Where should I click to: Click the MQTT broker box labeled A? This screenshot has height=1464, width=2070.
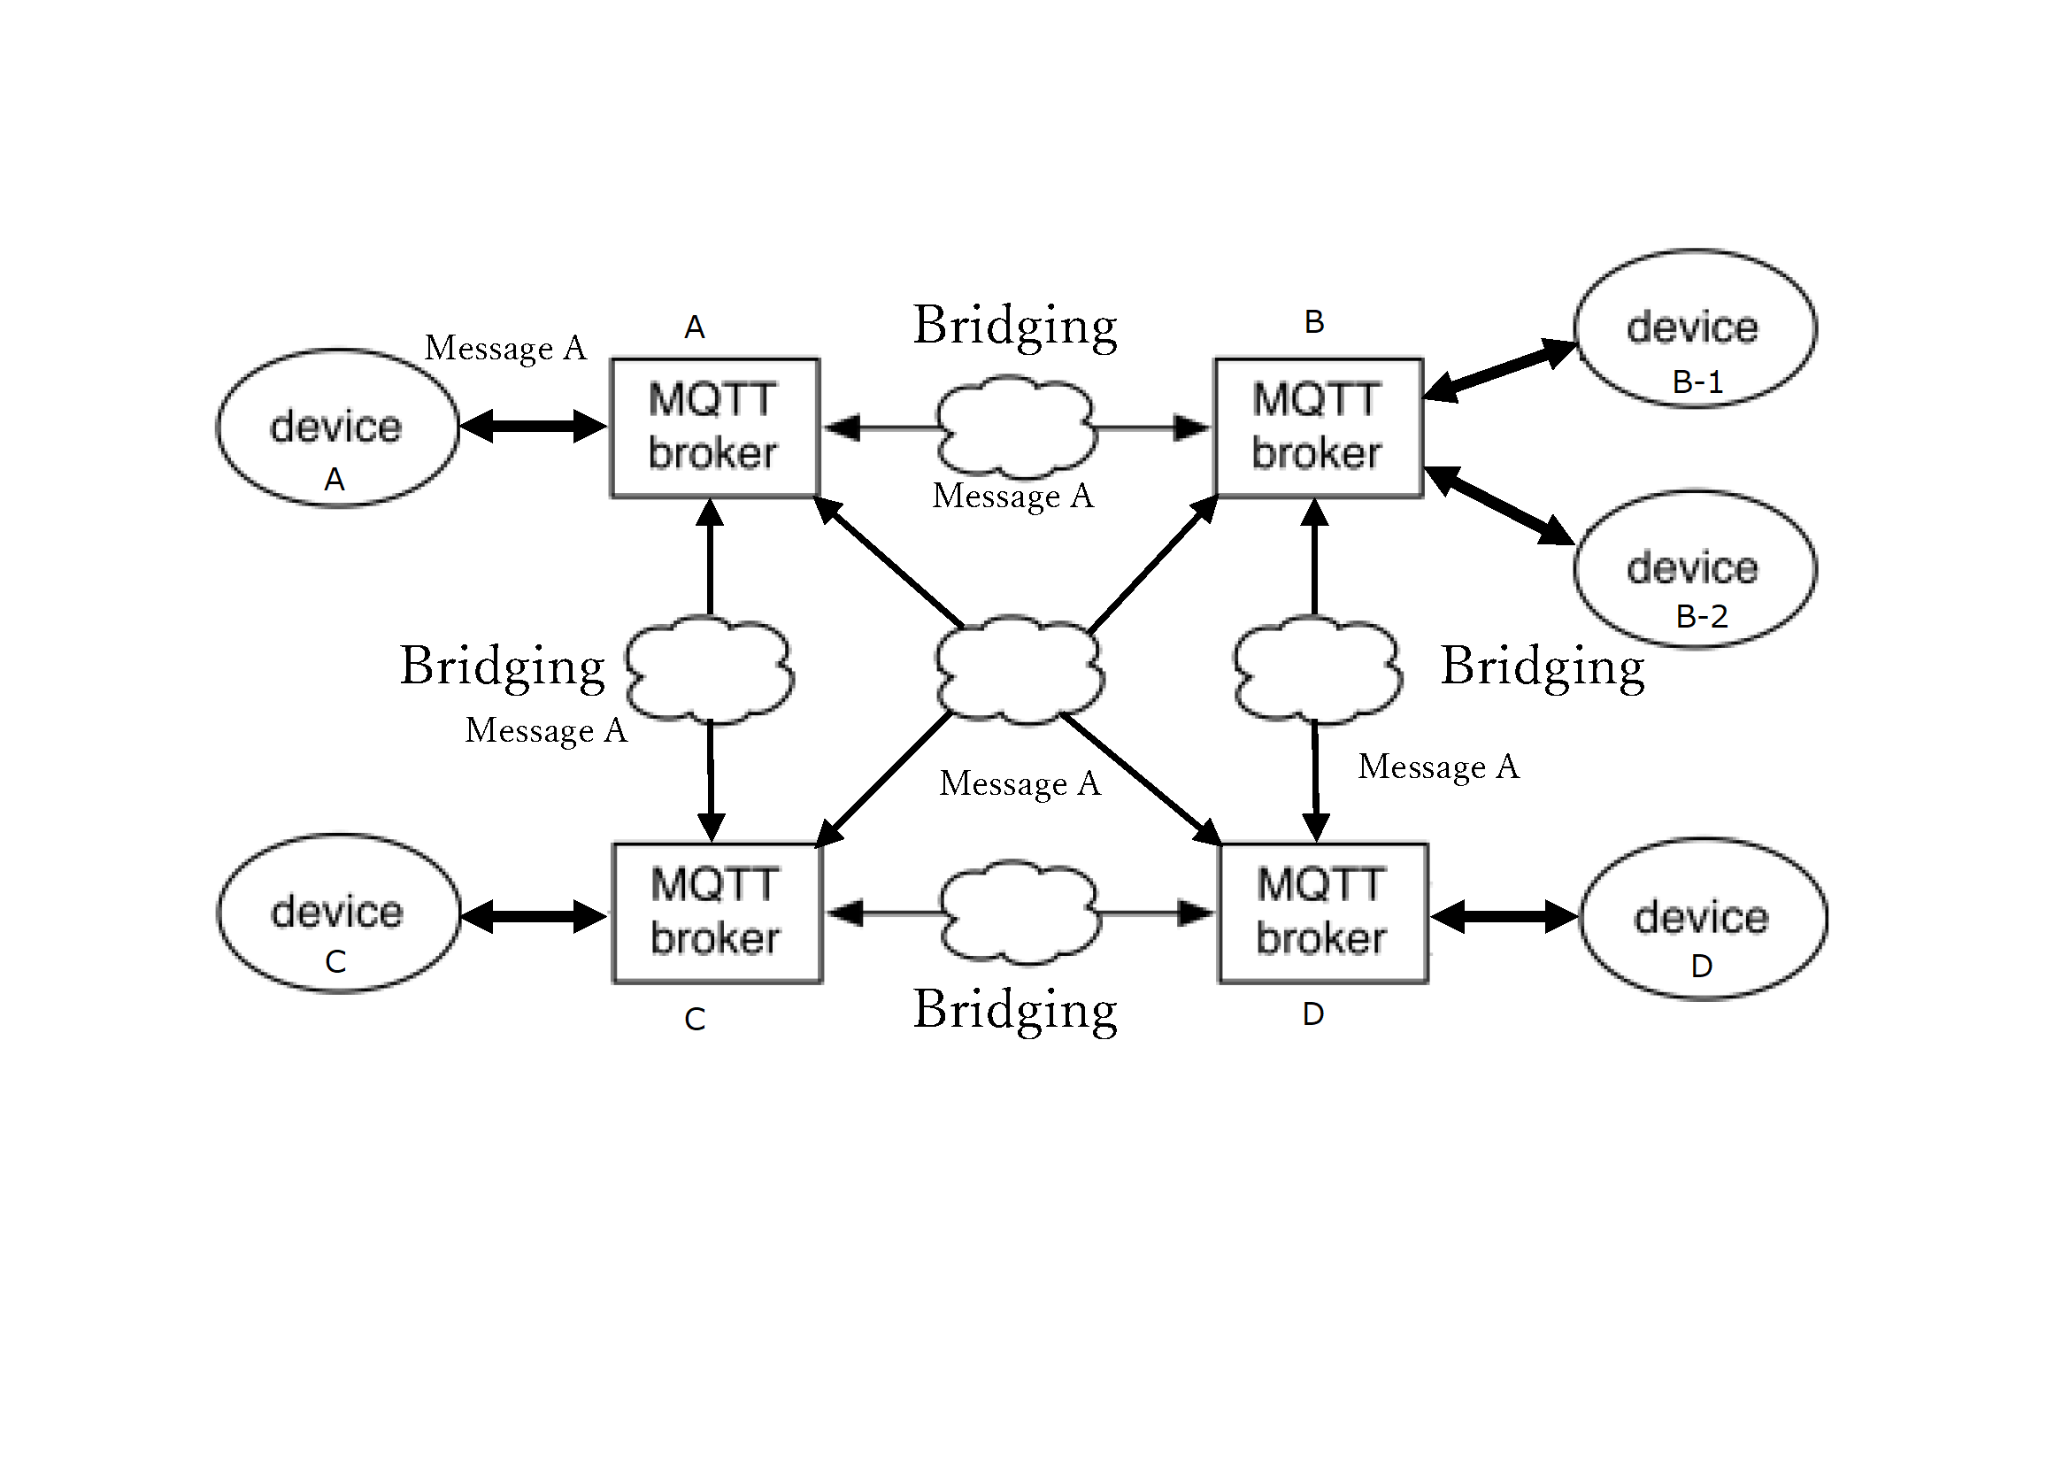pyautogui.click(x=714, y=428)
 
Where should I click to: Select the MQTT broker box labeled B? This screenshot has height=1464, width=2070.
pyautogui.click(x=1318, y=428)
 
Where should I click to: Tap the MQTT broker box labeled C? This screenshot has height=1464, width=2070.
pyautogui.click(x=717, y=913)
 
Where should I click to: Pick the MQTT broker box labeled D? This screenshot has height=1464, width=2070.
pyautogui.click(x=1322, y=913)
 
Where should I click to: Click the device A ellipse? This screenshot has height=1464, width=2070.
pyautogui.click(x=337, y=428)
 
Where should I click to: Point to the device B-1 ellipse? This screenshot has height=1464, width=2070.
pyautogui.click(x=1694, y=328)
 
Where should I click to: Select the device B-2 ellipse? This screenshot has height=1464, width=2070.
pyautogui.click(x=1694, y=569)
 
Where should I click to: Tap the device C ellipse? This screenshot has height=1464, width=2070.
pyautogui.click(x=338, y=913)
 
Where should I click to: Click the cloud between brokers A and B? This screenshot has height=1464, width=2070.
pyautogui.click(x=1016, y=428)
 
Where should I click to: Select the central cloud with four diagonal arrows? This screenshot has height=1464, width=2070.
pyautogui.click(x=1018, y=670)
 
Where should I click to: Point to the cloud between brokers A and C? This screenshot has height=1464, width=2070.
pyautogui.click(x=710, y=669)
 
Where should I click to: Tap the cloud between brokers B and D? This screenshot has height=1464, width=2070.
pyautogui.click(x=1317, y=669)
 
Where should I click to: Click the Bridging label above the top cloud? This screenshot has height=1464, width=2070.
pyautogui.click(x=1015, y=326)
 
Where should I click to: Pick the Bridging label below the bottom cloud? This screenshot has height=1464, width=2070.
pyautogui.click(x=1015, y=1010)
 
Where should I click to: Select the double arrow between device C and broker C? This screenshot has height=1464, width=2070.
pyautogui.click(x=534, y=917)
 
